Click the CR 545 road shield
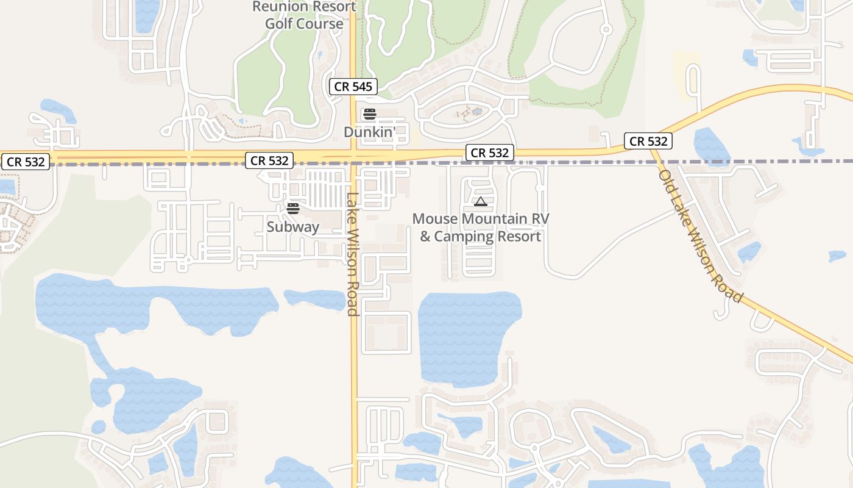pyautogui.click(x=353, y=87)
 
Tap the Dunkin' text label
pyautogui.click(x=369, y=132)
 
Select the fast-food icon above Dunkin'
pyautogui.click(x=369, y=114)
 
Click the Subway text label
pyautogui.click(x=292, y=227)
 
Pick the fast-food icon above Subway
pyautogui.click(x=293, y=209)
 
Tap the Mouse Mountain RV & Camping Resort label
pyautogui.click(x=480, y=228)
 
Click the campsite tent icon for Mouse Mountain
pyautogui.click(x=480, y=201)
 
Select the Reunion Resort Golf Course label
pyautogui.click(x=304, y=15)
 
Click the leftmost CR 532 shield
pyautogui.click(x=26, y=162)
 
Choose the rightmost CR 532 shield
pyautogui.click(x=649, y=142)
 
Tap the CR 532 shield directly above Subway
pyautogui.click(x=269, y=160)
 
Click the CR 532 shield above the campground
pyautogui.click(x=490, y=152)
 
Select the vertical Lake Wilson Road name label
pyautogui.click(x=352, y=254)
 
